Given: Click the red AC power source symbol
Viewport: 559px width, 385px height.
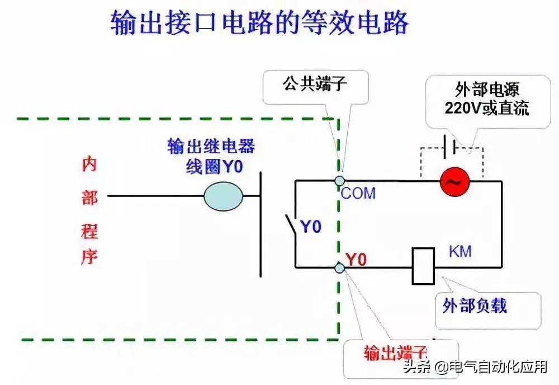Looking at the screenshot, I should click(x=454, y=182).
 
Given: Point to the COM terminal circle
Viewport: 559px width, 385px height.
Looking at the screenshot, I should click(x=339, y=181).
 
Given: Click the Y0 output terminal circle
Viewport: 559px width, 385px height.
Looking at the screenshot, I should click(x=339, y=267).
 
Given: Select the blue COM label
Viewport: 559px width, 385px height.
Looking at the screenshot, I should click(x=358, y=194).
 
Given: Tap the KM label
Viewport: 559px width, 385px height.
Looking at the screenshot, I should click(x=460, y=251).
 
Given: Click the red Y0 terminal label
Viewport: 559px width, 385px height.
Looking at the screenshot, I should click(x=356, y=260).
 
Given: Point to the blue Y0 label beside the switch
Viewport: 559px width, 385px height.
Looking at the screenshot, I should click(x=311, y=227).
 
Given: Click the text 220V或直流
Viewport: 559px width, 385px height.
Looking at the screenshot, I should click(x=486, y=108).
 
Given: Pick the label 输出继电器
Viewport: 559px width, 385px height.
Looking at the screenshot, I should click(x=211, y=147).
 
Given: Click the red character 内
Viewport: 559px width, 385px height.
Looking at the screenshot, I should click(x=89, y=164).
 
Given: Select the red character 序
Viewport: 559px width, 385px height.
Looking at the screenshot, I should click(x=89, y=257).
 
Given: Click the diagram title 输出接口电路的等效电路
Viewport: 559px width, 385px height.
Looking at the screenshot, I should click(x=260, y=24).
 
